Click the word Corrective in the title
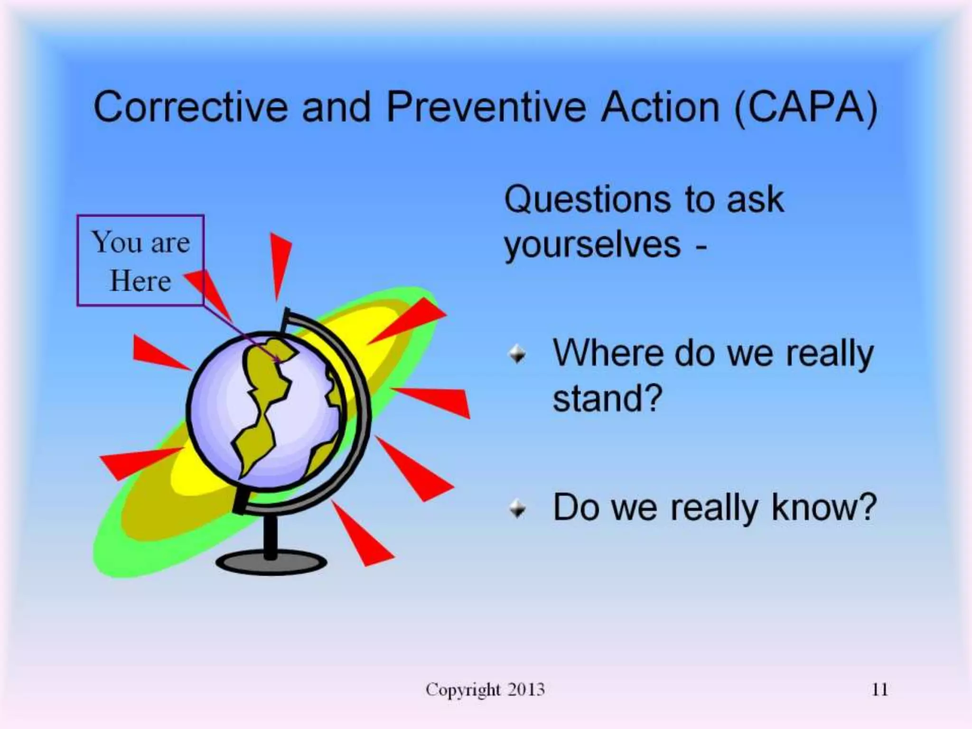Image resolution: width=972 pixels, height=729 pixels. click(x=190, y=107)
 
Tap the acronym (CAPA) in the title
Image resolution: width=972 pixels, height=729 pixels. click(x=805, y=108)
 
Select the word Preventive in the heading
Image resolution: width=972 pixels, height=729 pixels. click(x=487, y=107)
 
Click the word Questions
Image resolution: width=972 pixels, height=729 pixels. click(x=587, y=199)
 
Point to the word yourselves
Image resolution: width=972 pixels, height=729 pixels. click(x=592, y=246)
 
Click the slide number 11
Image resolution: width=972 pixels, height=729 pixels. click(x=879, y=689)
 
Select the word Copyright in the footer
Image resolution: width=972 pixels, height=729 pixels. click(x=463, y=690)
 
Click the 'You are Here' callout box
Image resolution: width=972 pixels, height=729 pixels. click(x=140, y=260)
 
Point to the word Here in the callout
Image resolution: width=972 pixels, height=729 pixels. click(x=140, y=281)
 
